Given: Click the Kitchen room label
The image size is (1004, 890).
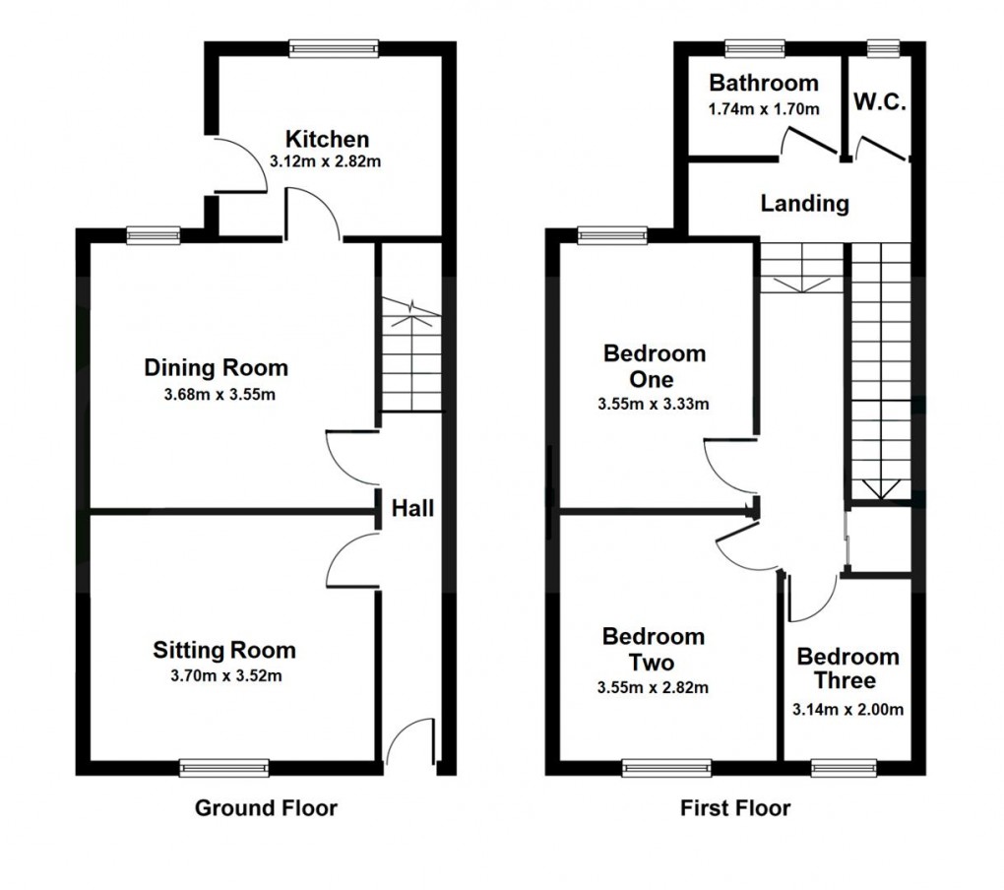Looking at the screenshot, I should pyautogui.click(x=327, y=139).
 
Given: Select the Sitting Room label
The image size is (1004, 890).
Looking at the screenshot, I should pyautogui.click(x=223, y=650).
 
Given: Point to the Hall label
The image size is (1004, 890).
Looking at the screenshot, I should pyautogui.click(x=412, y=509).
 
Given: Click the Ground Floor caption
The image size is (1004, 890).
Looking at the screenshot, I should pyautogui.click(x=266, y=808).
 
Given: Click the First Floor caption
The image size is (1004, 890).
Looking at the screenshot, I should pyautogui.click(x=735, y=808).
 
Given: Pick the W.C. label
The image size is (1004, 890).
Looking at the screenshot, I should pyautogui.click(x=879, y=102).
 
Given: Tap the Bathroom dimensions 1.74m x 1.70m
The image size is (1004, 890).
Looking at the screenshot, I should pyautogui.click(x=763, y=108).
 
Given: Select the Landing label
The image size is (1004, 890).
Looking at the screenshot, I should pyautogui.click(x=804, y=204).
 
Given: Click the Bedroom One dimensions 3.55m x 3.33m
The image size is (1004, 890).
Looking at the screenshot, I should pyautogui.click(x=654, y=404).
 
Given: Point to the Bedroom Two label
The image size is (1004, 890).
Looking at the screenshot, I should pyautogui.click(x=654, y=649).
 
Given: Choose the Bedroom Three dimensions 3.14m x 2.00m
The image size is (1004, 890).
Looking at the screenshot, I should pyautogui.click(x=847, y=709).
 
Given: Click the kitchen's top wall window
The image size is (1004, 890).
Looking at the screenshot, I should pyautogui.click(x=334, y=46).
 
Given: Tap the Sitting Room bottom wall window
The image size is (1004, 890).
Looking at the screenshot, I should pyautogui.click(x=224, y=767).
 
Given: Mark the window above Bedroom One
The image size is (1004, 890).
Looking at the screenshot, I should pyautogui.click(x=612, y=234).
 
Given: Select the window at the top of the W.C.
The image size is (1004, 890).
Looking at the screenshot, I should pyautogui.click(x=883, y=46).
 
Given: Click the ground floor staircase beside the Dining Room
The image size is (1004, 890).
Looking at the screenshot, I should pyautogui.click(x=411, y=354).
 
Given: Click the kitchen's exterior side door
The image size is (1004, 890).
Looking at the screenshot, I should pyautogui.click(x=236, y=165).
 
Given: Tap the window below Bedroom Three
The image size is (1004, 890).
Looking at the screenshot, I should pyautogui.click(x=844, y=767).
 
